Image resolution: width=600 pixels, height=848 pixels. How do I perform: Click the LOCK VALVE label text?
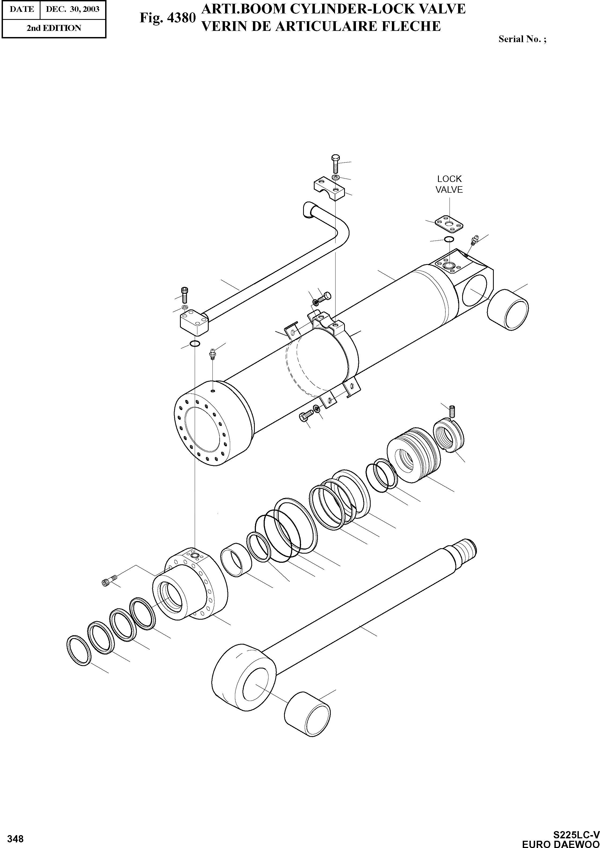pos(449,184)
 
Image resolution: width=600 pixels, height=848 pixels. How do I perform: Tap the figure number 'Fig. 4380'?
pos(167,18)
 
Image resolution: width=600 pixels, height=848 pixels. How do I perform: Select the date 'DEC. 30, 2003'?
pos(72,9)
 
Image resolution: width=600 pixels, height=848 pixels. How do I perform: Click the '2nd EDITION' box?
pos(54,28)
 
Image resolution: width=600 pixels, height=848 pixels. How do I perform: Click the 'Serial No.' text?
pos(522,39)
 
